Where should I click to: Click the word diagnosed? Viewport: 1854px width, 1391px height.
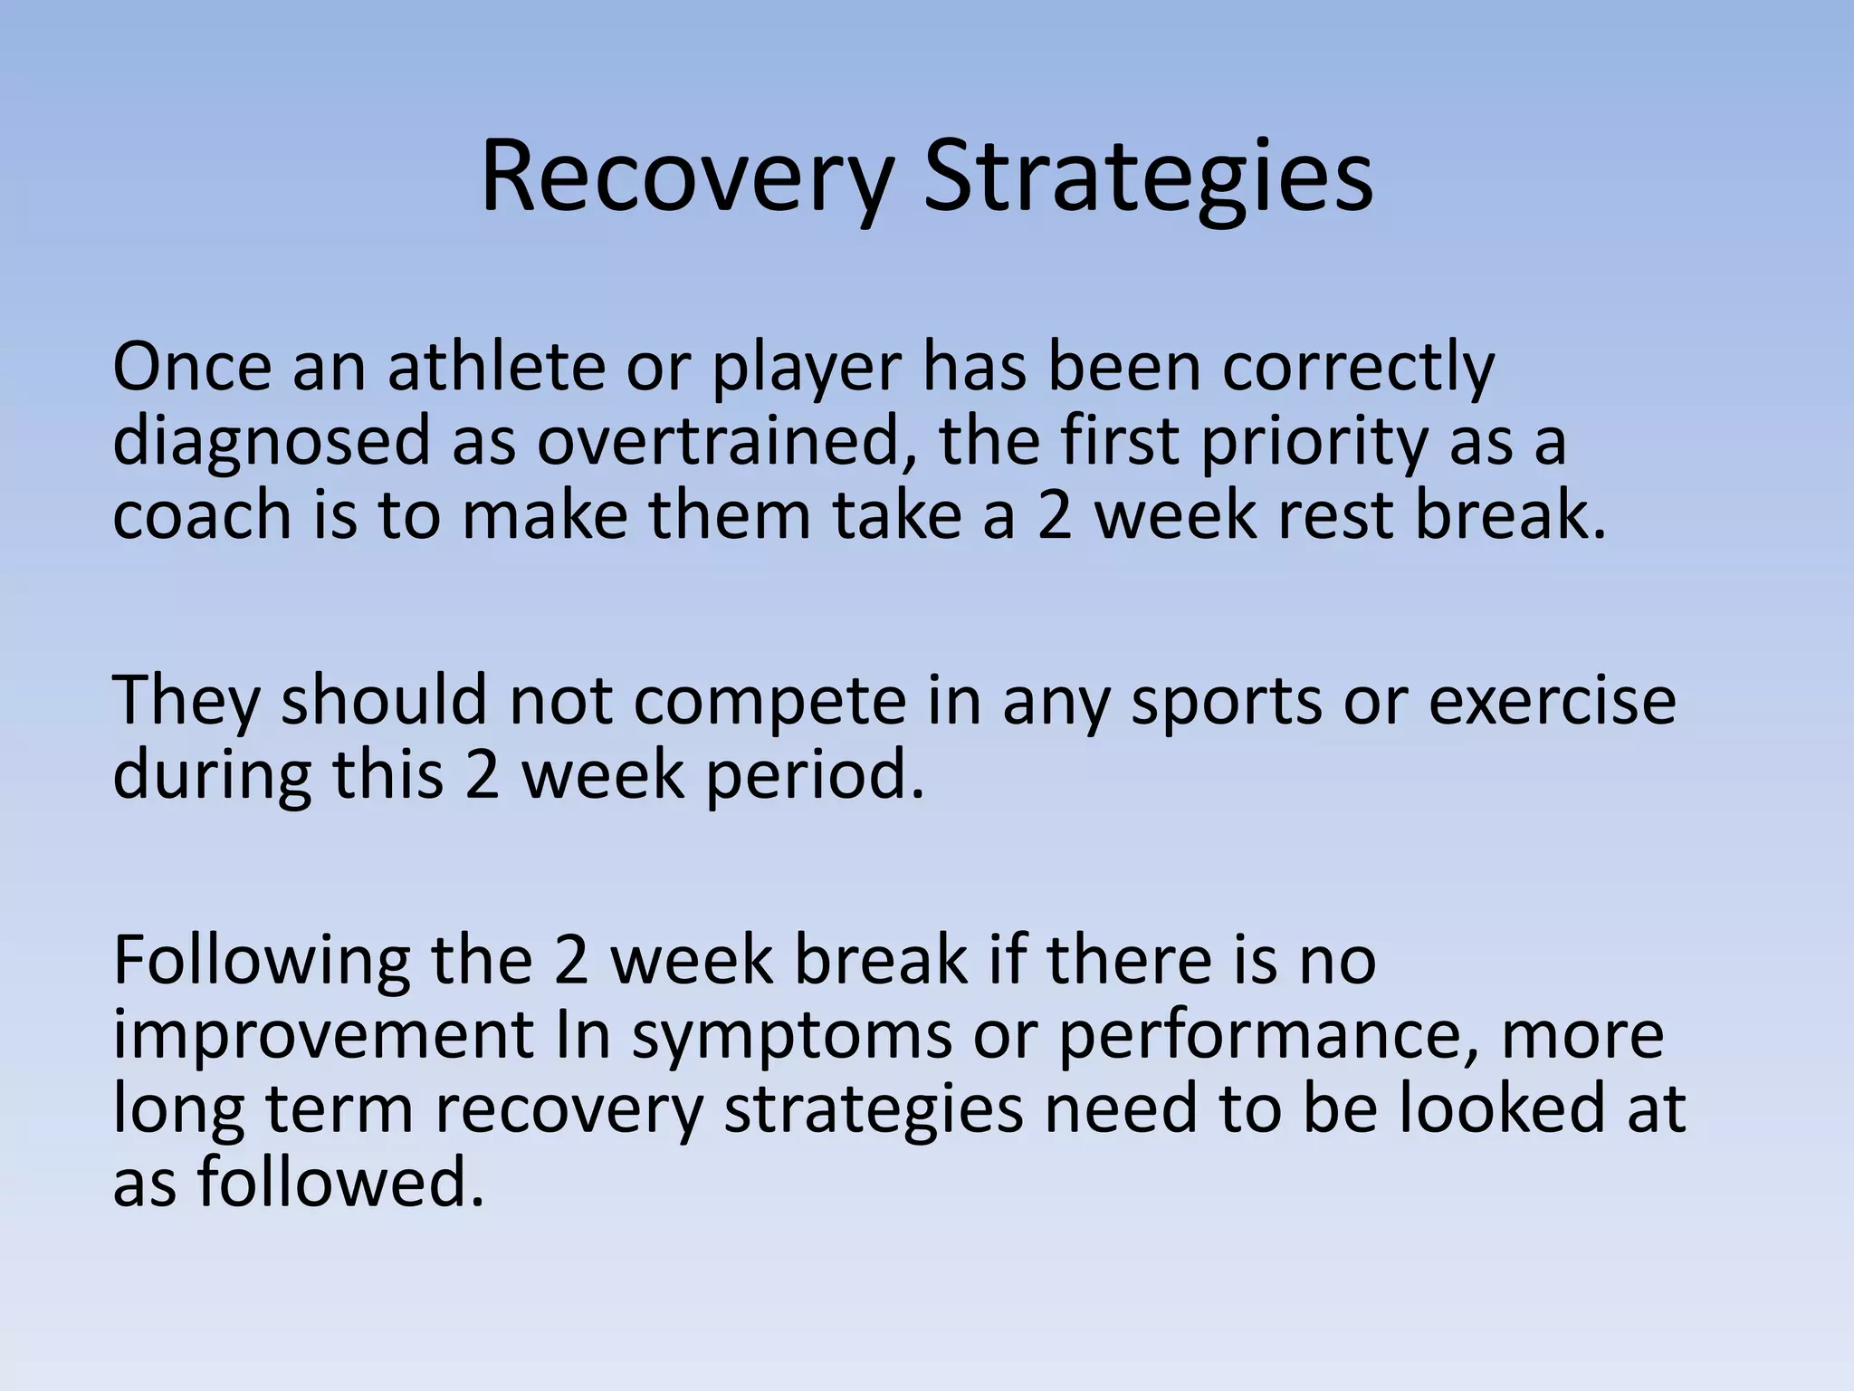[x=271, y=444]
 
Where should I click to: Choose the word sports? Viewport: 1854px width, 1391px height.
[x=1227, y=702]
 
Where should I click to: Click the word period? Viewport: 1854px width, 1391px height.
[x=815, y=776]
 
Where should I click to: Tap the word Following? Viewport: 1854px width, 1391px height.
[x=262, y=963]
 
